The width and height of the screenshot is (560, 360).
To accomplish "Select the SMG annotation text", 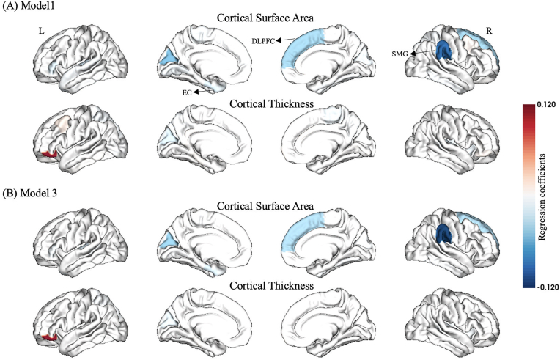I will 400,52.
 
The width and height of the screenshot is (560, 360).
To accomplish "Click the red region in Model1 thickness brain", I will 51,153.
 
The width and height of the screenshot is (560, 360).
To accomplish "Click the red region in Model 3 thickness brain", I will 50,336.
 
